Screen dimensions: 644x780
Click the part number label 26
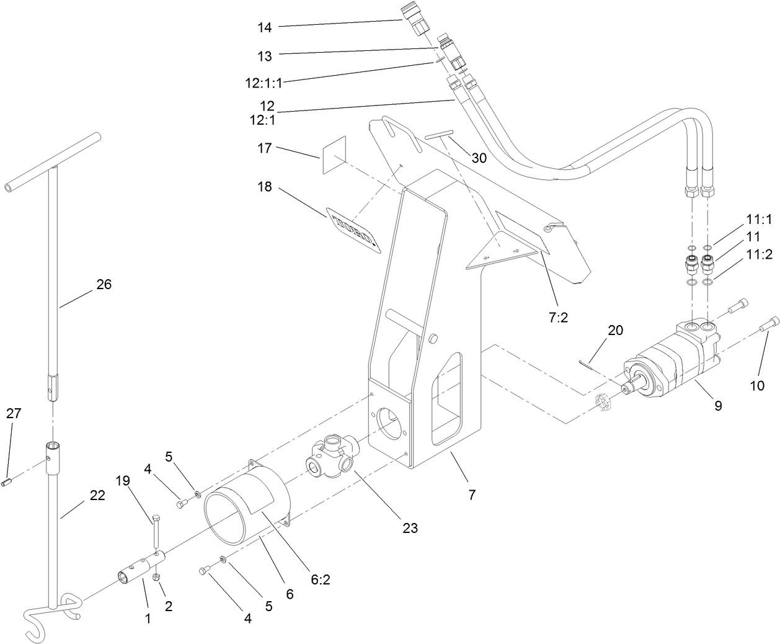click(104, 284)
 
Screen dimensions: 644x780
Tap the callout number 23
click(410, 528)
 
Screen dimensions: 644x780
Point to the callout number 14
click(265, 27)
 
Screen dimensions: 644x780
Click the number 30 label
click(479, 158)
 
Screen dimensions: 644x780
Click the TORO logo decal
click(353, 231)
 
